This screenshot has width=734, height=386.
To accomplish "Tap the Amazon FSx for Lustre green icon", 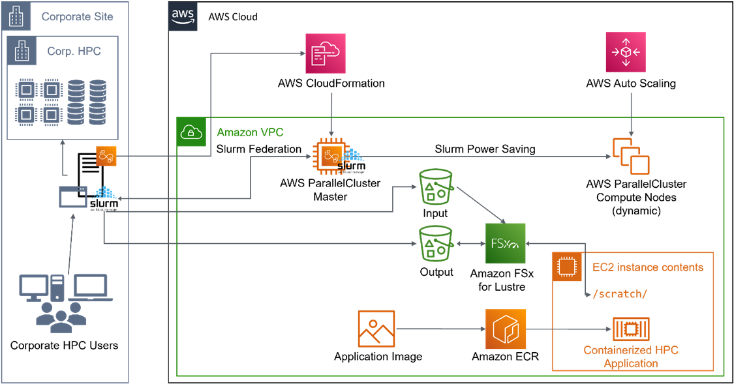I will [x=505, y=243].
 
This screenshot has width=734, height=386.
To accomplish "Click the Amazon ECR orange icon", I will [x=505, y=329].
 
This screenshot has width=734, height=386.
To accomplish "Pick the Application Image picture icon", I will [x=377, y=329].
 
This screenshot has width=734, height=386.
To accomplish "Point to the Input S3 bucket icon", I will [x=436, y=186].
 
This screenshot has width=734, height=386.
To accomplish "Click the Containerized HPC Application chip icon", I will [x=631, y=329].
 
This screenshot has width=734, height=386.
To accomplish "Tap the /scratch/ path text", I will [x=619, y=293].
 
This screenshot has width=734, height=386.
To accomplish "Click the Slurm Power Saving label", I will [x=485, y=149].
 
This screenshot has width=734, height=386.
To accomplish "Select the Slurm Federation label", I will [x=258, y=149].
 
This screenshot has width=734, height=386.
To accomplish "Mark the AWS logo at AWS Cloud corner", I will [x=183, y=16].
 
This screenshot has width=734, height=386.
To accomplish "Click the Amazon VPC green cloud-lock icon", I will [x=191, y=132].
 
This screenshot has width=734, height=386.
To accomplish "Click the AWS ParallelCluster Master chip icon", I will [x=331, y=156].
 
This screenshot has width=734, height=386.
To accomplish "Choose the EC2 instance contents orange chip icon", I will [x=567, y=267].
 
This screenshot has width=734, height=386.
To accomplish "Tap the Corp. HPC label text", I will [x=74, y=50].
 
